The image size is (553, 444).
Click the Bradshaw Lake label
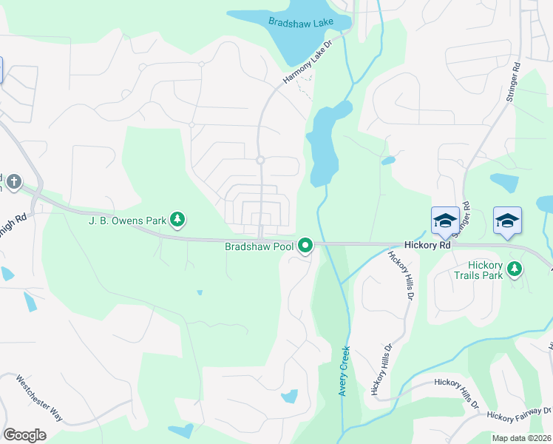301,23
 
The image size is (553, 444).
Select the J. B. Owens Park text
126,219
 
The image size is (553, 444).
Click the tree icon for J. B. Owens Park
177,219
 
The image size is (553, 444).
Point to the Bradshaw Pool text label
259,246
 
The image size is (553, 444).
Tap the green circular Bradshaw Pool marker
305,246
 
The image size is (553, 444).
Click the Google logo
24,435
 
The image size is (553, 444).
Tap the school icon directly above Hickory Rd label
445,220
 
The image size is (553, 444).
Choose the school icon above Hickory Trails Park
507,220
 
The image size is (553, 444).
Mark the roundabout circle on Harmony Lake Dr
260,160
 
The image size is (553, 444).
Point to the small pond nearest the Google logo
180,430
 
